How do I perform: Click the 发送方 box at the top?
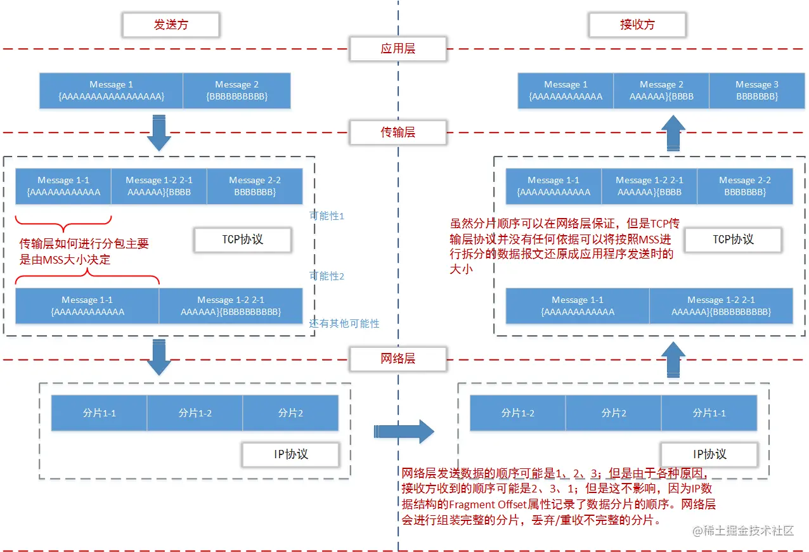(171, 25)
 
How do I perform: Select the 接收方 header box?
(637, 25)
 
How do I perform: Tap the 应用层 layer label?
(398, 48)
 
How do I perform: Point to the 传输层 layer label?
(398, 132)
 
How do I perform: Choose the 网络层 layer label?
(398, 358)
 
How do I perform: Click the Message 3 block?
(756, 91)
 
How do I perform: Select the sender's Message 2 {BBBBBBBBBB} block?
(236, 91)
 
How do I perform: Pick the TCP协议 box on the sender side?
(242, 240)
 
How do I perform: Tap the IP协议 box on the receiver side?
(709, 454)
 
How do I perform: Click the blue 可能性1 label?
(327, 216)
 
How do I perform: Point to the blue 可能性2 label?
(327, 276)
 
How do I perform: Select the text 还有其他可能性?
(344, 323)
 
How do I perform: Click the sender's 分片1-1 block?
(99, 413)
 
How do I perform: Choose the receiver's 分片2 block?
(613, 413)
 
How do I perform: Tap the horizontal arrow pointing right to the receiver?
(403, 432)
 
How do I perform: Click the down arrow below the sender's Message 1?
(159, 132)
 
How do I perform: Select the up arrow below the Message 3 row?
(673, 132)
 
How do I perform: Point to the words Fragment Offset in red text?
(481, 505)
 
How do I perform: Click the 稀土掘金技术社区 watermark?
(742, 531)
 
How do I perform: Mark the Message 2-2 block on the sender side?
(254, 186)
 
